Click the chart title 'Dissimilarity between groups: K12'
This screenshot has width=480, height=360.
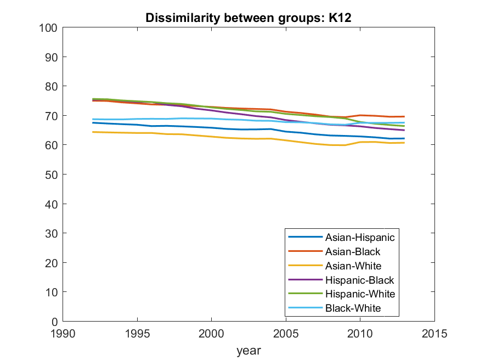(x=249, y=18)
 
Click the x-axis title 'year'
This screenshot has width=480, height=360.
(x=249, y=350)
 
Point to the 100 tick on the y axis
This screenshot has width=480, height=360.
(x=49, y=27)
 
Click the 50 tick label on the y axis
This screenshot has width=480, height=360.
(x=52, y=175)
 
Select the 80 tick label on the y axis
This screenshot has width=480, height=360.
(x=52, y=86)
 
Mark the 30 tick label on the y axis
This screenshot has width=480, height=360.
(x=52, y=233)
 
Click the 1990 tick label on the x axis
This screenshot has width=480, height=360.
(x=63, y=333)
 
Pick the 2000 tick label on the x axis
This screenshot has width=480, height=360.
(x=211, y=333)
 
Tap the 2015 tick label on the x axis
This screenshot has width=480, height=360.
(x=434, y=333)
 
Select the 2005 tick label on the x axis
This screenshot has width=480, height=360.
(x=286, y=333)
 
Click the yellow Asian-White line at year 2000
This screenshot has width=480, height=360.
(x=211, y=136)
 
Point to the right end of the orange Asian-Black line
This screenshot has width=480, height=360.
(x=404, y=116)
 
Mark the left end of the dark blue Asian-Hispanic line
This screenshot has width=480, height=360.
(x=93, y=123)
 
